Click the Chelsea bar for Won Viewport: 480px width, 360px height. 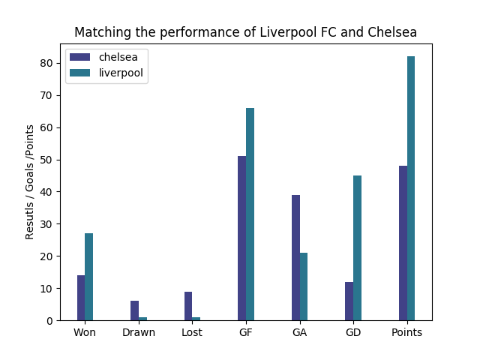(81, 298)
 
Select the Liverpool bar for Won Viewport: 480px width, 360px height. (89, 277)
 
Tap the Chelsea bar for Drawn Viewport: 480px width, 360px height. (134, 310)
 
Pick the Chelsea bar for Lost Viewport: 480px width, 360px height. (188, 306)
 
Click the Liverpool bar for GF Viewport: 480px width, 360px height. (250, 214)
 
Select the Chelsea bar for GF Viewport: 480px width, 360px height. (241, 238)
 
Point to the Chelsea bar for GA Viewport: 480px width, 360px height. (295, 257)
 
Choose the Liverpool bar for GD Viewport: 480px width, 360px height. (357, 247)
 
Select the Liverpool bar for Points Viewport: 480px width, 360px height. (411, 188)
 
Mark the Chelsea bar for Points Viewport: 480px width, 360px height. (403, 243)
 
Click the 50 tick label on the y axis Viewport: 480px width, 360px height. (48, 160)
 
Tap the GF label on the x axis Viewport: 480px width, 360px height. (246, 332)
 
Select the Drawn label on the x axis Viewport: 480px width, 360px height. (139, 332)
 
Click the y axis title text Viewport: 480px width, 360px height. (30, 182)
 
